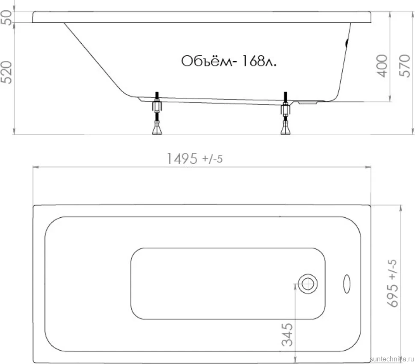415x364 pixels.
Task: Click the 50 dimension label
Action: (6, 18)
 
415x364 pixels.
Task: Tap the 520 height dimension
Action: (6, 72)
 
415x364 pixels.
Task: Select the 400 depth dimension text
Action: (382, 66)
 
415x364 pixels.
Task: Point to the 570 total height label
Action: (405, 66)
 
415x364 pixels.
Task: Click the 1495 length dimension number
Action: (182, 159)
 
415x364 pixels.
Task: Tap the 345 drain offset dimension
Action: (288, 334)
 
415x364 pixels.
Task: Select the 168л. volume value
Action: (259, 61)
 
